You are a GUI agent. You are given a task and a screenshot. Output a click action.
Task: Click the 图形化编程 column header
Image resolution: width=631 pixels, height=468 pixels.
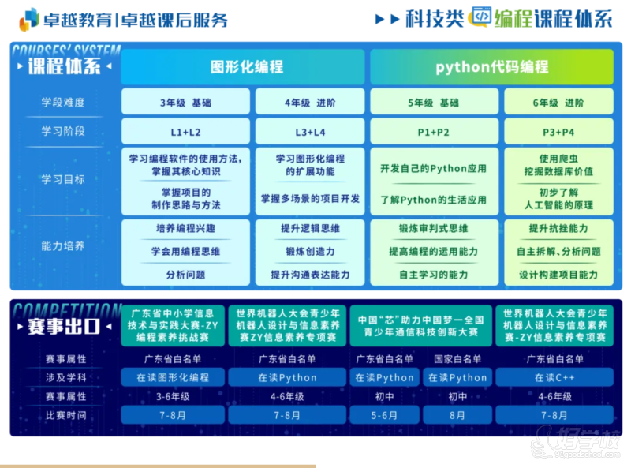click(243, 66)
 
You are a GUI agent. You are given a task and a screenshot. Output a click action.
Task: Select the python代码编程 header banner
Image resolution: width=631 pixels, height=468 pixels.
click(491, 66)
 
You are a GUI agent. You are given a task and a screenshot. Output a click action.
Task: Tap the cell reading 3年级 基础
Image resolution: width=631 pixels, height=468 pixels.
click(185, 103)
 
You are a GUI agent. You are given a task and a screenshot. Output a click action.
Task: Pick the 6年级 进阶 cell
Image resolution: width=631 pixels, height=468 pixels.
click(558, 103)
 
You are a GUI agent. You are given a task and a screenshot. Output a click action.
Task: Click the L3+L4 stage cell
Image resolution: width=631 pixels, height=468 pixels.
click(310, 132)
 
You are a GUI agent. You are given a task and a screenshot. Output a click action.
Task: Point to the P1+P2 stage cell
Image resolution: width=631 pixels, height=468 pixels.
click(434, 132)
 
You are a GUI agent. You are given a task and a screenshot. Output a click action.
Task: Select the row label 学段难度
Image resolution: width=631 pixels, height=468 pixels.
click(63, 103)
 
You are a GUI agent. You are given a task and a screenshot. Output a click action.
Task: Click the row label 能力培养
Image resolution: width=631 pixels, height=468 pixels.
click(63, 245)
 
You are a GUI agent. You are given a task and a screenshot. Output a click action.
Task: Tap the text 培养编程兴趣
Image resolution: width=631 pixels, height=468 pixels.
click(185, 228)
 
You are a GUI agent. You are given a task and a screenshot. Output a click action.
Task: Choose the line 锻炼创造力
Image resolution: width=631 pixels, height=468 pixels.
click(310, 251)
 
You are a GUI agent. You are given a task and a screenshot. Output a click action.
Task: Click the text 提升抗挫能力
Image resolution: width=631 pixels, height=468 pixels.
click(558, 228)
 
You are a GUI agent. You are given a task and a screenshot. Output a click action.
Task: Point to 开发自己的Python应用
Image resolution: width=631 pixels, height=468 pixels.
click(433, 168)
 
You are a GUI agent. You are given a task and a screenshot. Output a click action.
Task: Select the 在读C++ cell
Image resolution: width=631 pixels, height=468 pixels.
click(554, 377)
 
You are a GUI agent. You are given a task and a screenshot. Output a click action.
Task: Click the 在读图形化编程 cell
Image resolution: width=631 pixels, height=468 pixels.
click(173, 377)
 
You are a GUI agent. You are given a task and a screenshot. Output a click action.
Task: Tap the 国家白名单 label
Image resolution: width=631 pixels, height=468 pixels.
click(457, 358)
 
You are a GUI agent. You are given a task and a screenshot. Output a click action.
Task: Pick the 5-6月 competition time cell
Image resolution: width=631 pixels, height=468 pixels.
click(384, 415)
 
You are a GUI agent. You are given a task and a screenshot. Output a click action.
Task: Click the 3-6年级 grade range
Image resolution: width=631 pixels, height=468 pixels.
click(173, 396)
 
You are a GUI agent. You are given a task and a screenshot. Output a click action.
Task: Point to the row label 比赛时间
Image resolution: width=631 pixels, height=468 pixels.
click(66, 415)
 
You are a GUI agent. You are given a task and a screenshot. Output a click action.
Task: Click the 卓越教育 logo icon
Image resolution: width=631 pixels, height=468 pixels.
click(29, 19)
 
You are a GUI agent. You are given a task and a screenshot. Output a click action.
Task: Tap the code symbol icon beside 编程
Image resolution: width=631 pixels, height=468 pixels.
click(481, 17)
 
